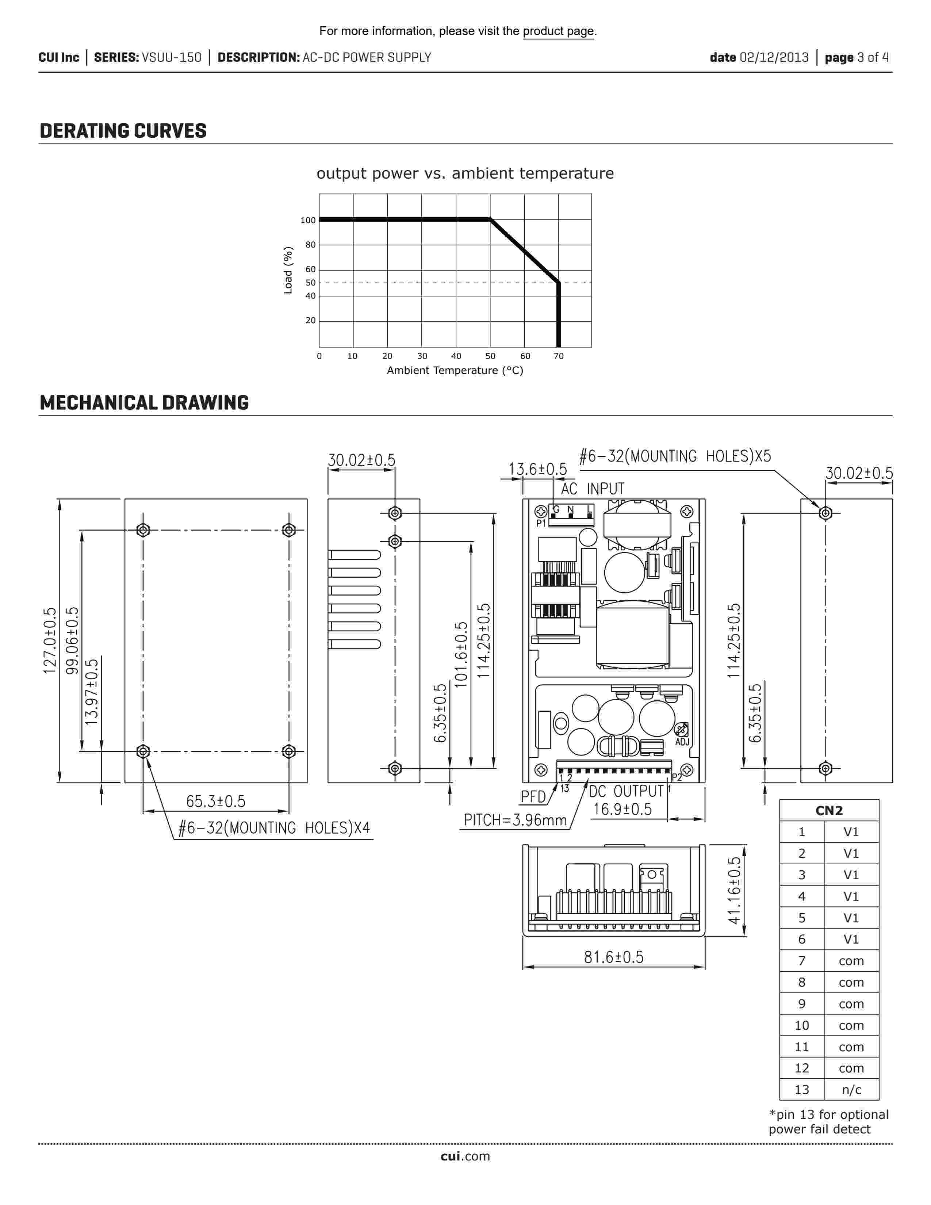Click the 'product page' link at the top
point(558,31)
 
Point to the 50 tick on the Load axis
point(311,283)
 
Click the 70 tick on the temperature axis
point(559,356)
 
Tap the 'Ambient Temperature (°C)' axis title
point(455,370)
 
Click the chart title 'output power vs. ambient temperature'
point(465,173)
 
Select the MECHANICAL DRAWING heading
point(144,403)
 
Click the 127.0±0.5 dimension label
point(50,640)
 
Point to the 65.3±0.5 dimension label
point(216,801)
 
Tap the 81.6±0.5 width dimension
point(614,957)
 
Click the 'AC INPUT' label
point(592,489)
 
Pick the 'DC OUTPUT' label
point(626,791)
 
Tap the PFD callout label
point(533,796)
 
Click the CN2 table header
point(829,811)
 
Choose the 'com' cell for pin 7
point(851,961)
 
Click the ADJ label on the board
point(682,742)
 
